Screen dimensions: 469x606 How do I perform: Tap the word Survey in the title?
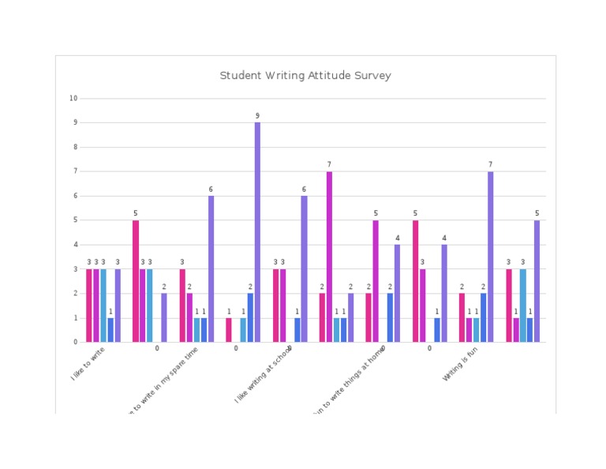(x=373, y=76)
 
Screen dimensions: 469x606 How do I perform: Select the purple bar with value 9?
(x=257, y=232)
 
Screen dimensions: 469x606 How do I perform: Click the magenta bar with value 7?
(x=329, y=257)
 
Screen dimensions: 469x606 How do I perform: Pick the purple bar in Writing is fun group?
(x=490, y=257)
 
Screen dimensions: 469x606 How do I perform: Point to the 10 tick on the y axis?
(x=73, y=99)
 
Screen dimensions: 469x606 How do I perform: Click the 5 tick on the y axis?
(x=75, y=220)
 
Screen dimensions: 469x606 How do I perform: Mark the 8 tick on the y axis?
(x=75, y=148)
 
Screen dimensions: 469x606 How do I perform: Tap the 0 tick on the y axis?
(x=75, y=342)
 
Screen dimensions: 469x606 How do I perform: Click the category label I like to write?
(x=88, y=365)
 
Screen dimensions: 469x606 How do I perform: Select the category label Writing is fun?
(x=459, y=366)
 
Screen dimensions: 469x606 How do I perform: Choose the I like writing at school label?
(x=264, y=374)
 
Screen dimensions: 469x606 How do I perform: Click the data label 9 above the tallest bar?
(x=257, y=116)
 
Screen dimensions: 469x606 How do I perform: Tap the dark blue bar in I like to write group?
(x=110, y=329)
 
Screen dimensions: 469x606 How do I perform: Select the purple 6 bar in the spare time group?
(x=211, y=268)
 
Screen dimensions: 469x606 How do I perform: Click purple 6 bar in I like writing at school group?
(x=304, y=268)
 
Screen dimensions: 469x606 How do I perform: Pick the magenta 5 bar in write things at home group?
(x=376, y=281)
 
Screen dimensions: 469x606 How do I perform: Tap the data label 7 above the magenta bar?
(x=329, y=165)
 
